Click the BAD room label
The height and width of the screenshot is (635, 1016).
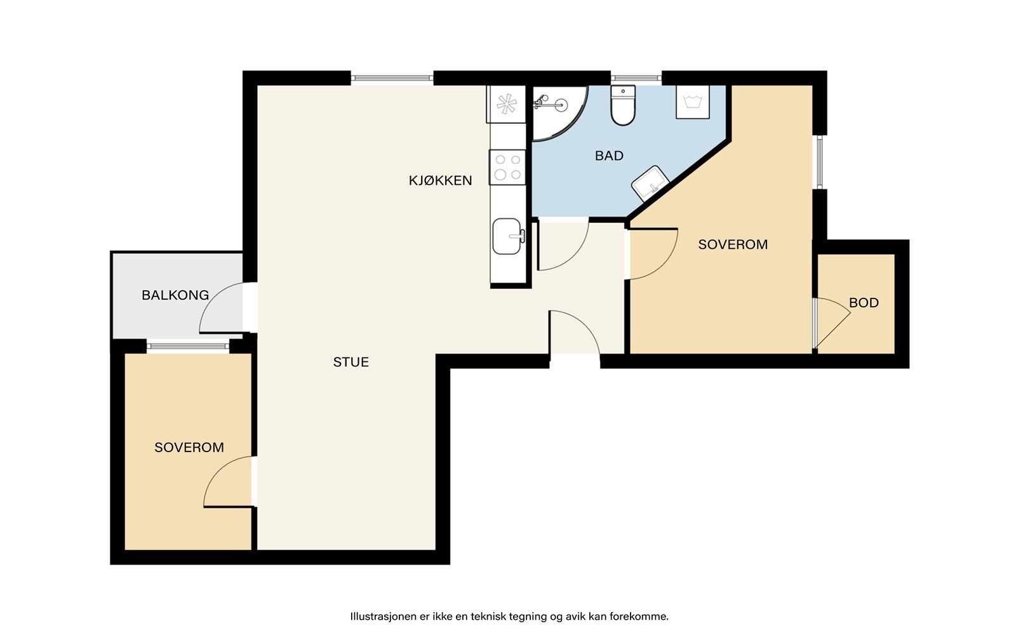tap(609, 156)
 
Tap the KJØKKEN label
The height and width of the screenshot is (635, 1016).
tap(440, 180)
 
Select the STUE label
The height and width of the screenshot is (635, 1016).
tap(351, 362)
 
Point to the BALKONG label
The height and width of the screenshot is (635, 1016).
tap(175, 295)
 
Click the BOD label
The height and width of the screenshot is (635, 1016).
tap(864, 302)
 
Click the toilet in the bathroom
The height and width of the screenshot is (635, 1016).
tap(623, 105)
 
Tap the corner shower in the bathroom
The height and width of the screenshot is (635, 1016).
tap(559, 113)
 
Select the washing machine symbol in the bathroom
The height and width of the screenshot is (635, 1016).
tap(693, 102)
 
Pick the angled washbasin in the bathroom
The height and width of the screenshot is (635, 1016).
tap(650, 184)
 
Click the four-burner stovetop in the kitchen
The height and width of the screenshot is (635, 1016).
tap(507, 168)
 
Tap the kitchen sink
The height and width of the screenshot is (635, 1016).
tap(508, 236)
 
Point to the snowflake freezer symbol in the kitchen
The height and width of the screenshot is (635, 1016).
tap(506, 104)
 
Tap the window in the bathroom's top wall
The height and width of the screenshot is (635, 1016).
tap(636, 79)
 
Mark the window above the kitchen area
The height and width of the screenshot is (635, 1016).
tap(392, 79)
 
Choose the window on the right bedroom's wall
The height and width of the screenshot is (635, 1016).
tap(820, 162)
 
